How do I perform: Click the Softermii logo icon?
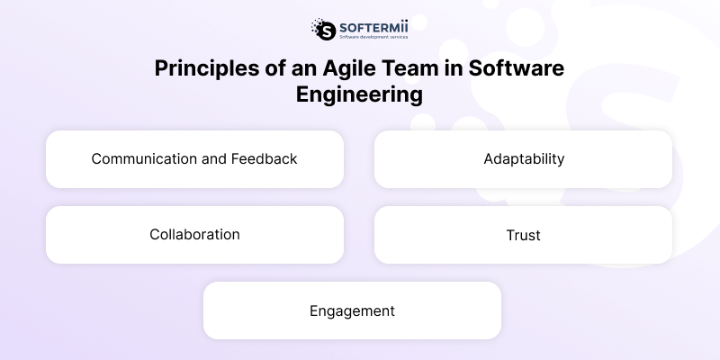coord(322,29)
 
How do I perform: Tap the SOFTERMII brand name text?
coord(371,25)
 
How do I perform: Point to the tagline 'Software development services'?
coord(371,37)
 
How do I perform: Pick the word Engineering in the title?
coord(360,95)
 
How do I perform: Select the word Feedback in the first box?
coord(264,159)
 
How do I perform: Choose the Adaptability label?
coord(524,159)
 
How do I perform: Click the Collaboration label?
coord(194,235)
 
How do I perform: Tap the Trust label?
coord(524,235)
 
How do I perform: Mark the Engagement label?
coord(352,310)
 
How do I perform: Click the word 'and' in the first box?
coord(213,159)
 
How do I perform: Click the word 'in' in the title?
coord(437,70)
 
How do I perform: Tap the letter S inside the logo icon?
coord(323,30)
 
